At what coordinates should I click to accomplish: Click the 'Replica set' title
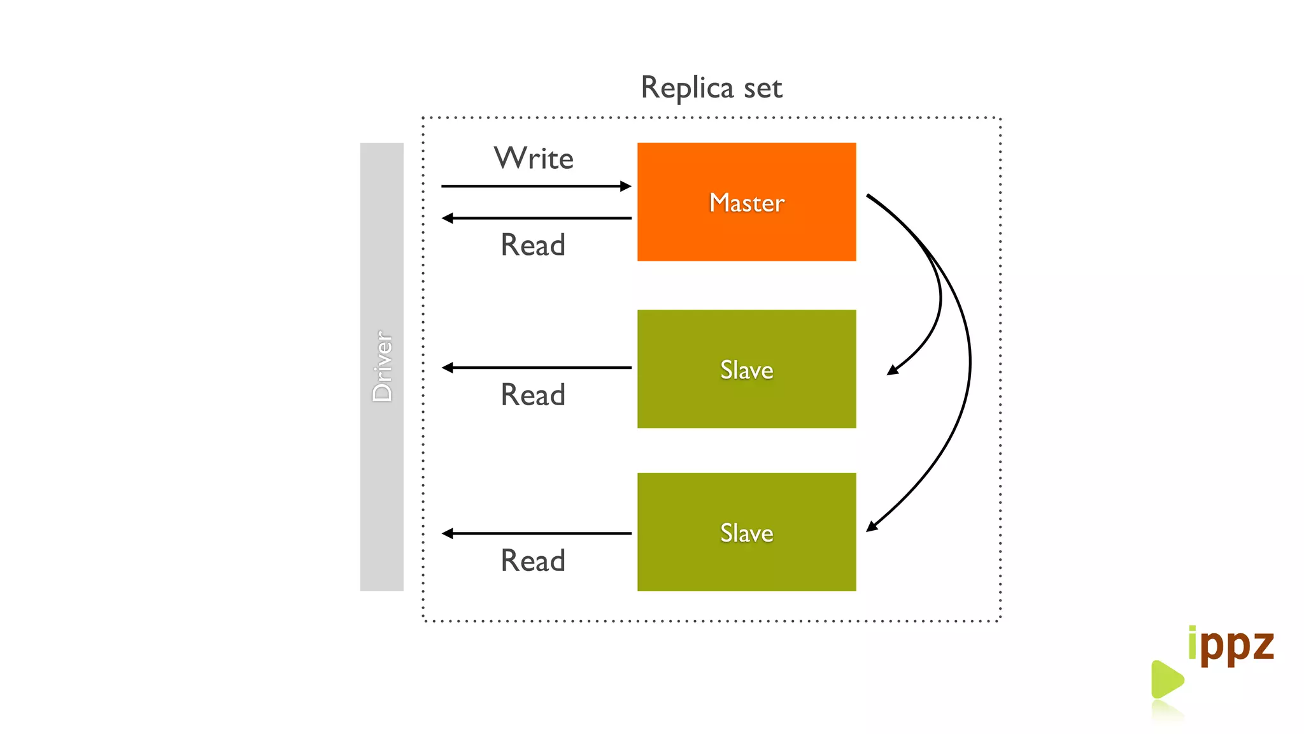point(711,88)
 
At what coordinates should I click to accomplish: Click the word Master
point(746,203)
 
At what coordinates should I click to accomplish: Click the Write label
point(534,158)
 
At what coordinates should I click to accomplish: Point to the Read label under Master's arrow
point(533,245)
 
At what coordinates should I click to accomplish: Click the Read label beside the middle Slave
point(533,395)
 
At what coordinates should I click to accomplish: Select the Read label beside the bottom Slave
point(533,561)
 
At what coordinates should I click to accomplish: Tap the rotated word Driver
point(382,366)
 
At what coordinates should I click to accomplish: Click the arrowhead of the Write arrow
point(626,186)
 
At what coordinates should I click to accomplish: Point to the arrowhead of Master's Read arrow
point(448,218)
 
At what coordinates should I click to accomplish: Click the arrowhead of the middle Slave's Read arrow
point(448,368)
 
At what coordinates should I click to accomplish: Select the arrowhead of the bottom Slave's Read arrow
point(448,533)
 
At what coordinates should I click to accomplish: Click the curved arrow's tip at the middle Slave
point(892,370)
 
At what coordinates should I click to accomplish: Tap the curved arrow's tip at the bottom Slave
point(871,527)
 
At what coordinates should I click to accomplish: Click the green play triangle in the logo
point(1166,679)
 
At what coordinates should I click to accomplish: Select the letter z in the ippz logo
point(1260,645)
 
